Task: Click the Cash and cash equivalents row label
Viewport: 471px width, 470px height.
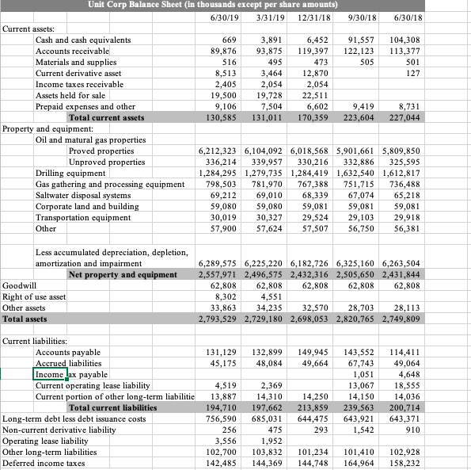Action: [x=83, y=40]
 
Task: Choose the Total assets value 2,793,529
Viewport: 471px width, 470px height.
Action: [x=217, y=319]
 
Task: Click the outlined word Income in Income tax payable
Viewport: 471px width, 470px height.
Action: [x=49, y=374]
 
